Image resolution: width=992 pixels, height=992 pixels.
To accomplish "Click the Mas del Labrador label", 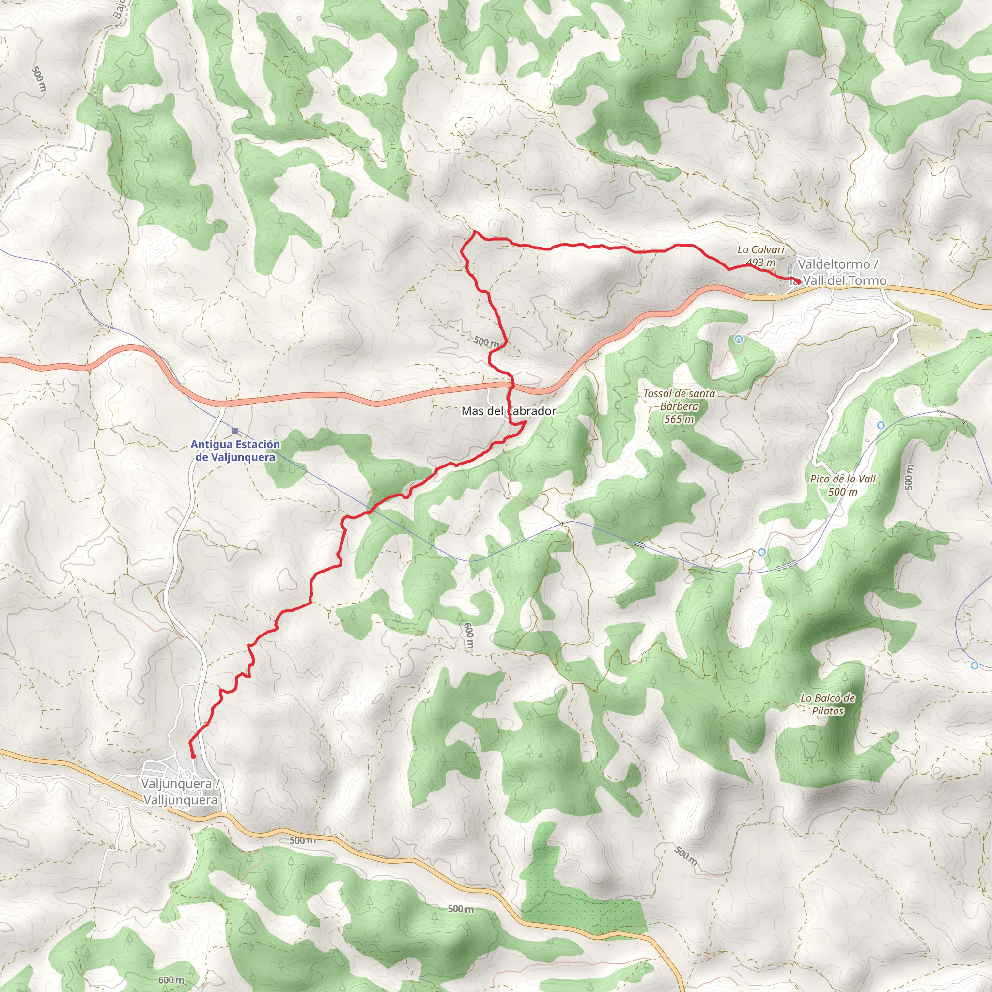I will (x=508, y=411).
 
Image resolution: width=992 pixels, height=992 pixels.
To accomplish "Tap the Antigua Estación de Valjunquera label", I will (x=235, y=451).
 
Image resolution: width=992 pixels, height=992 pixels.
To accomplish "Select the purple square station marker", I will (x=235, y=431).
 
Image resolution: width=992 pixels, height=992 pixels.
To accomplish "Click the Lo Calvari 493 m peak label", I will (x=760, y=256).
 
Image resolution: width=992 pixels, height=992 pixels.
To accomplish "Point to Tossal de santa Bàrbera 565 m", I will (x=679, y=406).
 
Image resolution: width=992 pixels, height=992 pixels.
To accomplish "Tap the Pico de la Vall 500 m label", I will (x=843, y=485).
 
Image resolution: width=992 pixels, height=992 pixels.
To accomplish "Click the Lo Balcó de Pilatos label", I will (x=828, y=704).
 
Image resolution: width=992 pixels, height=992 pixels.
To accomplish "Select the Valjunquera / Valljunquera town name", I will (x=180, y=792).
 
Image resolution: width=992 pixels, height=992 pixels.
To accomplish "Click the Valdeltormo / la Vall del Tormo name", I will (x=838, y=272).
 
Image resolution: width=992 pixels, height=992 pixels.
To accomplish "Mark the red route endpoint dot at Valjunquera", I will (x=193, y=756).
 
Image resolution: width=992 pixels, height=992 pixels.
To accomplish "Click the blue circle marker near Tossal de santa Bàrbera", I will (x=738, y=339).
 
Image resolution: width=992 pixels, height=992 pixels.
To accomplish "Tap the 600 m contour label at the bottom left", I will (x=171, y=980).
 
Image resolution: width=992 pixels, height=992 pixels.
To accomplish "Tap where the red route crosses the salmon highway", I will (x=512, y=384).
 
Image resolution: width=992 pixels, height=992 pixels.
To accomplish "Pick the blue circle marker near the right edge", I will (x=975, y=666).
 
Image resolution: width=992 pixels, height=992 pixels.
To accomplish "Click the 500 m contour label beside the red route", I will (x=486, y=341).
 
